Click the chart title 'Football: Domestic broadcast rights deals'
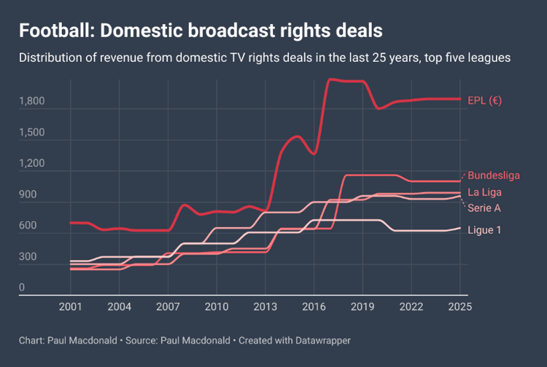201,31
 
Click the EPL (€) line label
484,100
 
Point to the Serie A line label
484,208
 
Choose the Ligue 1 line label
484,230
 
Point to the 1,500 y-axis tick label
31,133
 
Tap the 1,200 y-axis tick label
31,165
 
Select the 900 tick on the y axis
27,195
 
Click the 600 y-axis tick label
27,226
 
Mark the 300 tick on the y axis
27,257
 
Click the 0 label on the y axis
22,288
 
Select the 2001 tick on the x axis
71,307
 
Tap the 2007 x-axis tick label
168,307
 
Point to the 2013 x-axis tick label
265,307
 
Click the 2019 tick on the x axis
362,307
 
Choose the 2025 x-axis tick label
459,307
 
